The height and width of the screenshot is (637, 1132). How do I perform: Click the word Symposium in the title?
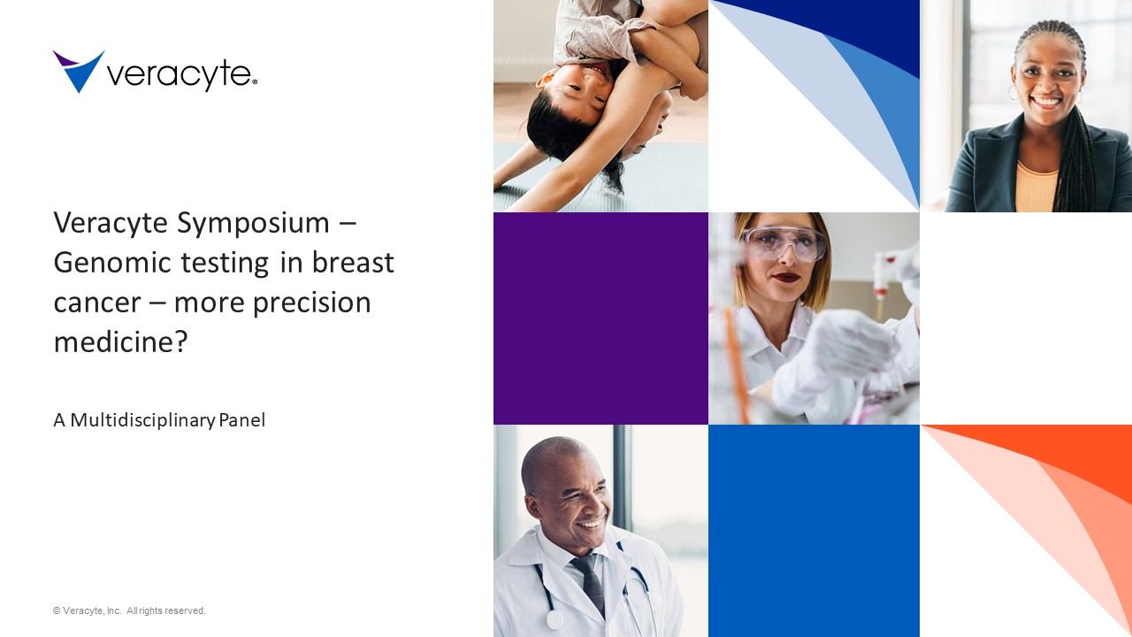253,224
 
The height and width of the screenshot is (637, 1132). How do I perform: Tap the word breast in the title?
353,263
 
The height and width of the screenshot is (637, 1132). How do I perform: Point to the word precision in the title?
312,303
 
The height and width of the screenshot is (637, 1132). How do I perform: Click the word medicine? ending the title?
121,342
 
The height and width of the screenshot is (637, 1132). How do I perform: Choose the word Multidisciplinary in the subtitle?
143,420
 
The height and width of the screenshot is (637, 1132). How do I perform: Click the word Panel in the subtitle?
242,420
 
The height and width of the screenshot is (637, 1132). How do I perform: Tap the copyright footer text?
129,610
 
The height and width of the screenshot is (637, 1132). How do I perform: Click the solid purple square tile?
600,318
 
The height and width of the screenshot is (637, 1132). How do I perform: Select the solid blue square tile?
814,531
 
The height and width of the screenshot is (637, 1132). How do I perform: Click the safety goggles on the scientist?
784,244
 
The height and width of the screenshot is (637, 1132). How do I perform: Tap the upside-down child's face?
581,93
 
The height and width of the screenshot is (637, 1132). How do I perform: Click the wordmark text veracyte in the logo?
182,75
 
